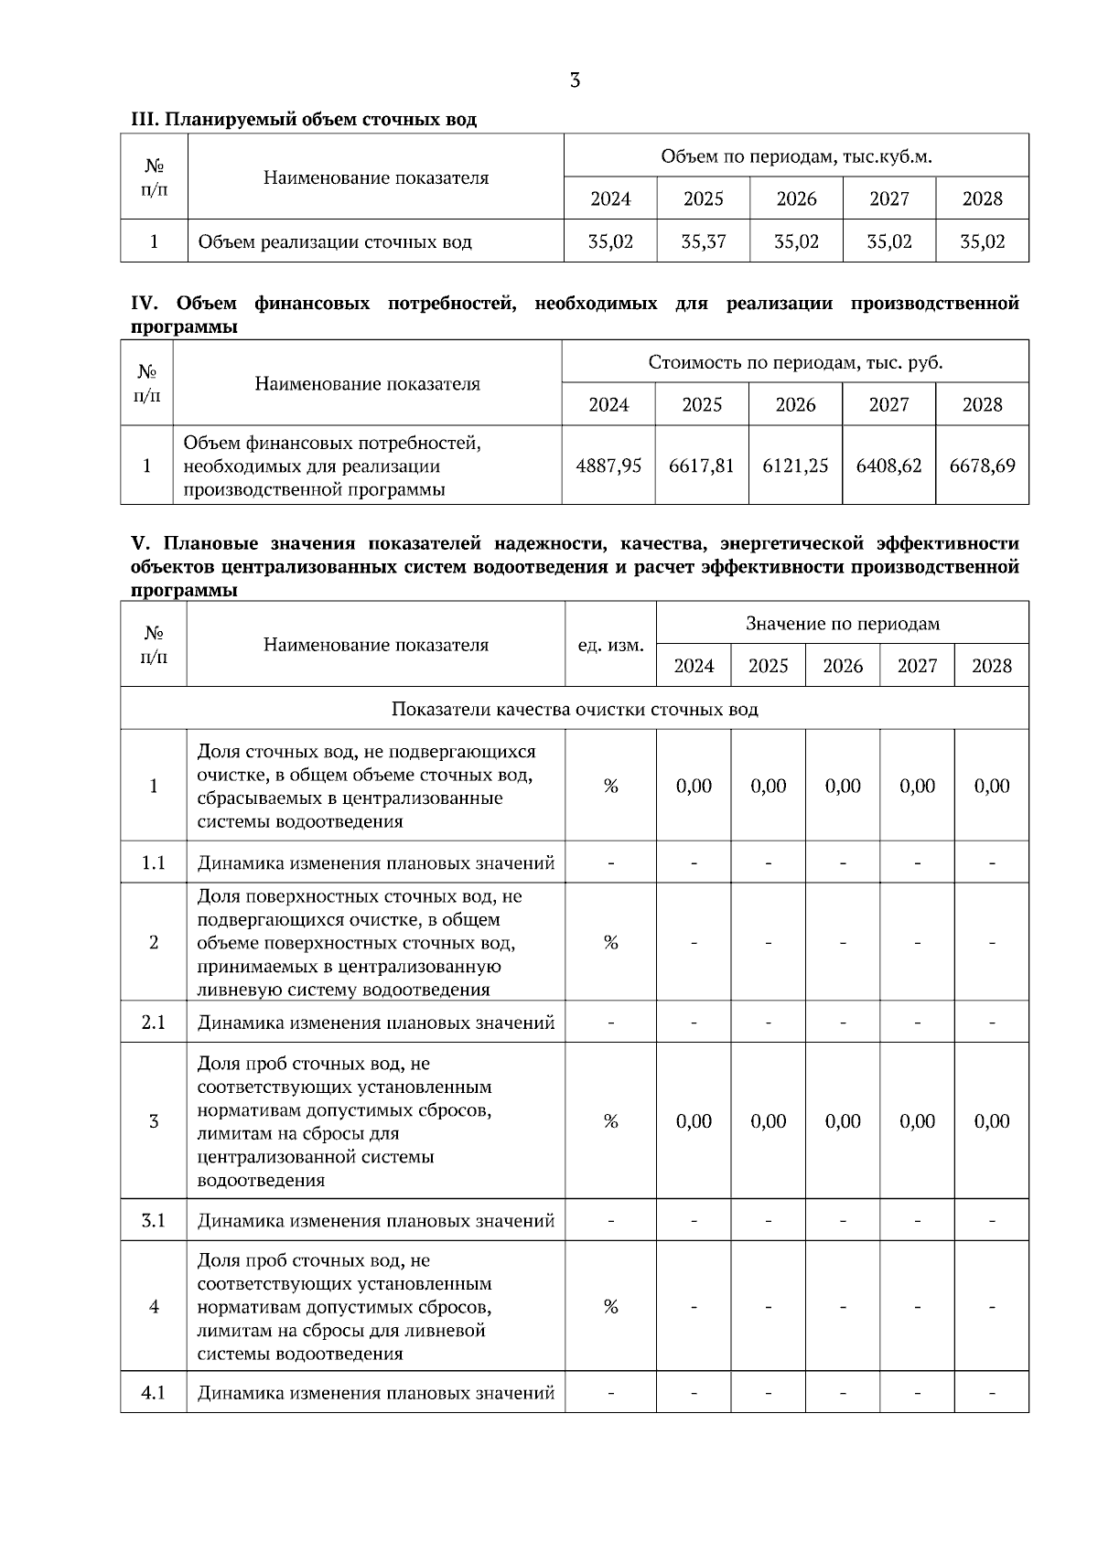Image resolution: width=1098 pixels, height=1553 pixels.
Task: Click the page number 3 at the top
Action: [575, 80]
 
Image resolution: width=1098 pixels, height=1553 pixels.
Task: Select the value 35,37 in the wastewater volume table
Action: [704, 242]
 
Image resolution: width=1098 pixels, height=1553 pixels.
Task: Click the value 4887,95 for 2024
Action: [608, 466]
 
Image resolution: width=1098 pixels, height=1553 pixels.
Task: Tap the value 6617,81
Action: [702, 466]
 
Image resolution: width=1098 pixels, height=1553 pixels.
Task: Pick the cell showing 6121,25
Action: [795, 466]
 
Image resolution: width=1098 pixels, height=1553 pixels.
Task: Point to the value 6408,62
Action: [888, 466]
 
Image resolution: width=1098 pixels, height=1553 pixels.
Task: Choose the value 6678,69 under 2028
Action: [982, 466]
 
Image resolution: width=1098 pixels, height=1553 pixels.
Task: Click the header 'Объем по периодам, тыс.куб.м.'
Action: [796, 156]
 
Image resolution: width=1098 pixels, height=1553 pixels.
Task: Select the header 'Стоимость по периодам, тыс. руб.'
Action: [795, 362]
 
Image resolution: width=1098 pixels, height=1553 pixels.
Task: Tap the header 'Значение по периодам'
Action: [842, 624]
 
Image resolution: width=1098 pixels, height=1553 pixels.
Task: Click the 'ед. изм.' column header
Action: [610, 645]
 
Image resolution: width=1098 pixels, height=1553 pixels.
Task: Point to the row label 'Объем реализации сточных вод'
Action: [335, 242]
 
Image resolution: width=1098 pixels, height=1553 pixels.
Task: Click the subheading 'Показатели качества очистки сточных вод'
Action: [575, 709]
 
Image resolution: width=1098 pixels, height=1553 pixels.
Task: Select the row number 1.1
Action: [154, 862]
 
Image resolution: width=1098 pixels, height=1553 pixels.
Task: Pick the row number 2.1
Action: [154, 1023]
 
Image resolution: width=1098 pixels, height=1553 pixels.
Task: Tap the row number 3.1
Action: [154, 1221]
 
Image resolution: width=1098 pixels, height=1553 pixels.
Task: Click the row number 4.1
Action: [154, 1393]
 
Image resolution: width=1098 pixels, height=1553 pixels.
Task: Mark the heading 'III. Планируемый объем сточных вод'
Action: [304, 120]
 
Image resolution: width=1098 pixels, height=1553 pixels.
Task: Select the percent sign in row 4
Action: [610, 1307]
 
